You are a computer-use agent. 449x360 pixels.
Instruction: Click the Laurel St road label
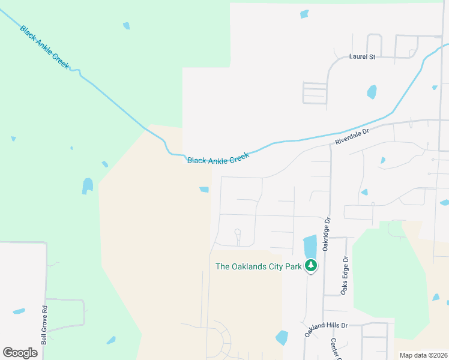[x=362, y=57]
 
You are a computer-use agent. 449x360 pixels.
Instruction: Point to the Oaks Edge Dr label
[x=345, y=275]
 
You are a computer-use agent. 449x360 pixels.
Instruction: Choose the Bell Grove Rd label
[x=44, y=326]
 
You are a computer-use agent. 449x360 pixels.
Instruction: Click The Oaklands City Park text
[x=258, y=266]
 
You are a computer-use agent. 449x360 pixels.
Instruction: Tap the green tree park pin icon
[x=311, y=265]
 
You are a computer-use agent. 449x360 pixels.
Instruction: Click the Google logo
[x=20, y=352]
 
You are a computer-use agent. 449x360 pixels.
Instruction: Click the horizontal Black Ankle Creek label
[x=218, y=159]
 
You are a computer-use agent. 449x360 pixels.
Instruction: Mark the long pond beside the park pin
[x=310, y=246]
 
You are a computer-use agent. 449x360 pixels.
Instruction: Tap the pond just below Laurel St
[x=372, y=92]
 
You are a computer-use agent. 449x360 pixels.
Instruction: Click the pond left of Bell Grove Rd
[x=19, y=311]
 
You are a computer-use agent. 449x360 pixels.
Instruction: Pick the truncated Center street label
[x=334, y=349]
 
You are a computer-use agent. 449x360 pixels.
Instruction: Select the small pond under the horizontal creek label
[x=204, y=190]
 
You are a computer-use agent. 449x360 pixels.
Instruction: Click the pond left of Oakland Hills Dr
[x=282, y=338]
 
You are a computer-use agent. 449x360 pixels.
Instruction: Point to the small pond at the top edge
[x=304, y=14]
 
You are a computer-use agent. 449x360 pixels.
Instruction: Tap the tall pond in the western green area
[x=88, y=185]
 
